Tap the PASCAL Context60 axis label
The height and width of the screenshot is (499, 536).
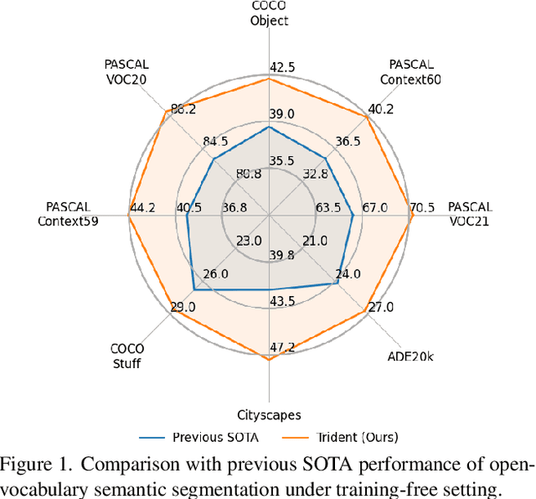(x=410, y=72)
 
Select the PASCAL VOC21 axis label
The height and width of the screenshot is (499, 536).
(x=470, y=214)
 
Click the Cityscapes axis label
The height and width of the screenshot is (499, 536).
(x=268, y=414)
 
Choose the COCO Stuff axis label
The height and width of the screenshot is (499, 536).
(x=127, y=356)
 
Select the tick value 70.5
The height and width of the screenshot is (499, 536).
(x=421, y=208)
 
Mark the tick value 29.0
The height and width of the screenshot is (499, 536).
(x=183, y=308)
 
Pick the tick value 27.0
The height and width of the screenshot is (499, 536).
(x=380, y=307)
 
